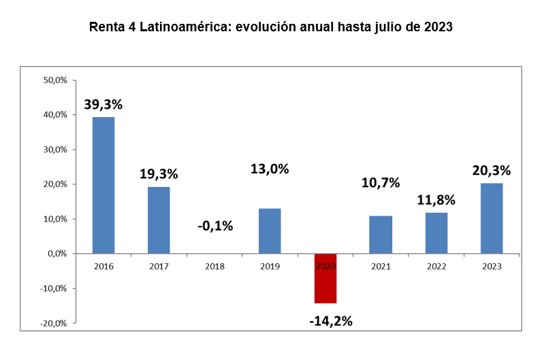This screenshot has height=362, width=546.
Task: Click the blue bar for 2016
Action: [x=103, y=185]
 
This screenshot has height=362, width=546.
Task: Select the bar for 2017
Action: [x=159, y=220]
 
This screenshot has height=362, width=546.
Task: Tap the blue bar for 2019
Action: [x=270, y=231]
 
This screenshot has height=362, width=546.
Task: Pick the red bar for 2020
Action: [x=325, y=278]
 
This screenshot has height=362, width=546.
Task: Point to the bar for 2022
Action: [x=436, y=233]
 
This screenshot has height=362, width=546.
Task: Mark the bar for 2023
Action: [x=492, y=218]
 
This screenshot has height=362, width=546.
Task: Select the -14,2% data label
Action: [x=330, y=320]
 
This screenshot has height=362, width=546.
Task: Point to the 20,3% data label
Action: [x=492, y=170]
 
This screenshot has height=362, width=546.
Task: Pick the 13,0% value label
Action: [x=270, y=169]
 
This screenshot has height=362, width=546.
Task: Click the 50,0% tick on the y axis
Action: [x=55, y=80]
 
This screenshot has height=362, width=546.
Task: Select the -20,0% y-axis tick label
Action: [x=54, y=323]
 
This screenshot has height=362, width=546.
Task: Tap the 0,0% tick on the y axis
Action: [x=57, y=254]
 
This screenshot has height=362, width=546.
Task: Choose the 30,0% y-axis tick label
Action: [x=55, y=150]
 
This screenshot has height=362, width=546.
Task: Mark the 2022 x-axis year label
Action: [x=436, y=266]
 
